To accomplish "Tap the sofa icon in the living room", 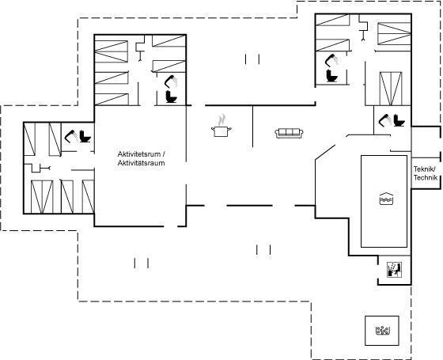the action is tap(289, 133).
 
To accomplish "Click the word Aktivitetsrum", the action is tap(139, 154).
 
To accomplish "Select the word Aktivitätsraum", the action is tap(142, 163).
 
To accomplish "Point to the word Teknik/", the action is tap(425, 169).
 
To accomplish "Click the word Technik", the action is tap(426, 178).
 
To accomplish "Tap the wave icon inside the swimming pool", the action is tap(386, 199).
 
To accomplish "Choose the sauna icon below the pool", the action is tap(394, 270).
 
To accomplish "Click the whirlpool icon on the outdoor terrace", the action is tap(383, 331).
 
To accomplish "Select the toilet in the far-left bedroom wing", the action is tap(85, 136).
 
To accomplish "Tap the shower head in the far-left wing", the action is tap(70, 136).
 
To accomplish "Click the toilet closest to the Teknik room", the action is tap(399, 120).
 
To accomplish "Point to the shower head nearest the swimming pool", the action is tap(384, 120).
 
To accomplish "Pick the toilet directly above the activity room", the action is tap(171, 97).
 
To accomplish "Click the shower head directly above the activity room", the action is tap(171, 81).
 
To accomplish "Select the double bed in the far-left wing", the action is tap(42, 197).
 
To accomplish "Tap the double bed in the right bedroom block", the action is tap(391, 89).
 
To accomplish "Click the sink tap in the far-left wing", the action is tap(45, 168).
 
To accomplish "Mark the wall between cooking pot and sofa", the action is tap(252, 127).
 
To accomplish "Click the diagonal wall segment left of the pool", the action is tap(325, 153).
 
